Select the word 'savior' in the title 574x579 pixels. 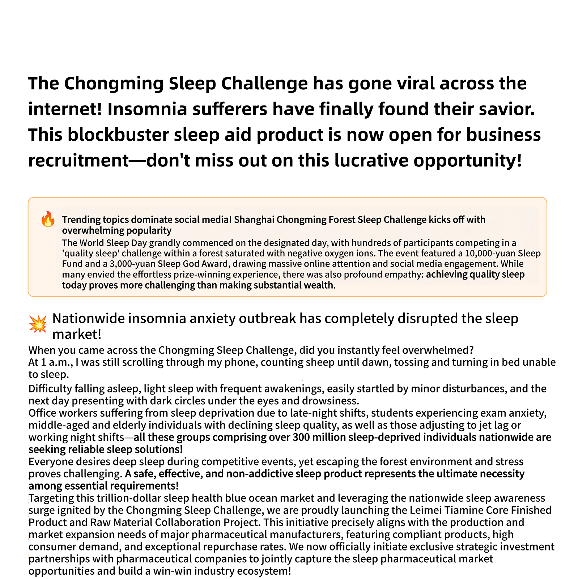[x=507, y=109]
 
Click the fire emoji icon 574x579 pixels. [x=48, y=220]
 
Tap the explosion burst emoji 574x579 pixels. [x=38, y=324]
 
